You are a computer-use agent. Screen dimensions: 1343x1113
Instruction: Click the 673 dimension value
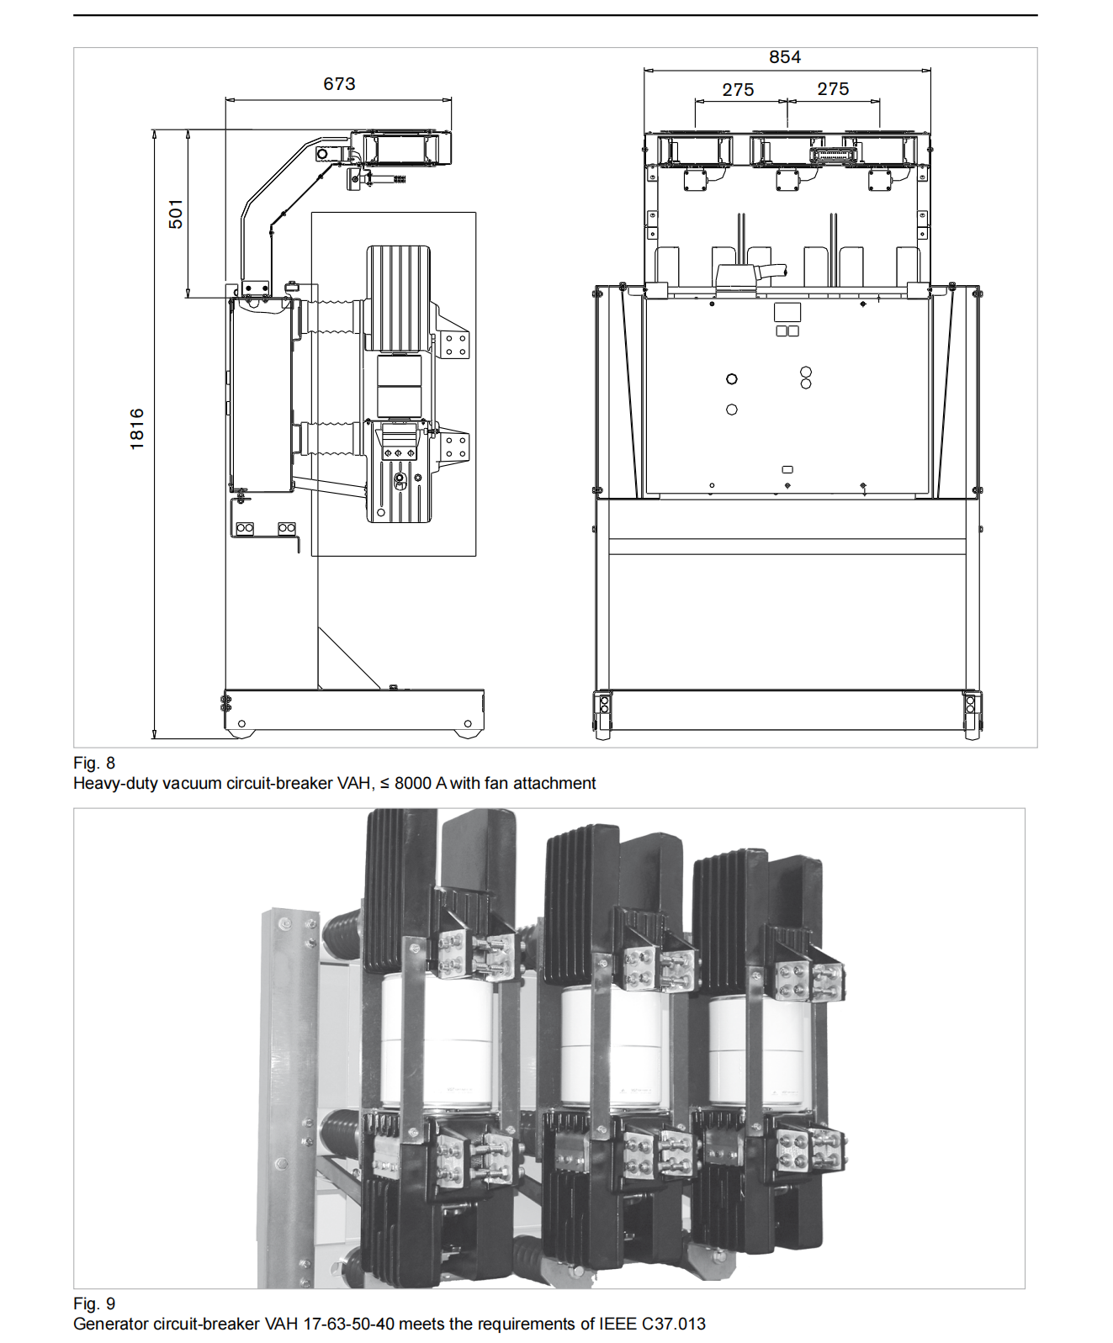(339, 84)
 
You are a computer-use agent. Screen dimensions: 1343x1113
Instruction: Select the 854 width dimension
(784, 57)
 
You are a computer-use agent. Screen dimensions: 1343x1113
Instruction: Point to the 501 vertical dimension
(175, 214)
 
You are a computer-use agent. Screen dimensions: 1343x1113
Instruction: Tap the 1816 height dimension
(137, 429)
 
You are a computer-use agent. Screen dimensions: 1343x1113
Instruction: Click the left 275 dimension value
(738, 90)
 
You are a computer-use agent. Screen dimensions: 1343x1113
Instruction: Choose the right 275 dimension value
(833, 89)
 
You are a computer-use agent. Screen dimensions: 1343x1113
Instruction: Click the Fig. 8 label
(94, 763)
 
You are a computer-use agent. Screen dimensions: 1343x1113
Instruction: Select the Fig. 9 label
(94, 1303)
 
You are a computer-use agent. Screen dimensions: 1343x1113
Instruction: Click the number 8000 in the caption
(412, 783)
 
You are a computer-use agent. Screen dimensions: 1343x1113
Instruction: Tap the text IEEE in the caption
(617, 1324)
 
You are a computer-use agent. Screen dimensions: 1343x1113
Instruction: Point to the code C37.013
(674, 1324)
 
